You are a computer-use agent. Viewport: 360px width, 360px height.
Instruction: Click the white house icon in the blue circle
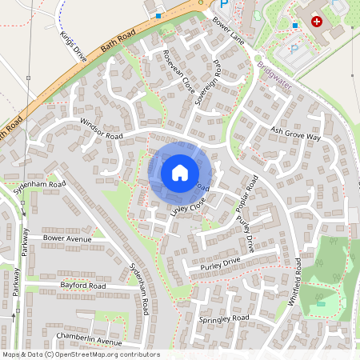point(180,172)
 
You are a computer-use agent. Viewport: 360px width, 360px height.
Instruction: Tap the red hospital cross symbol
point(318,22)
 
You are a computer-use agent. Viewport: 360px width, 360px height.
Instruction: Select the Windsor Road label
point(101,130)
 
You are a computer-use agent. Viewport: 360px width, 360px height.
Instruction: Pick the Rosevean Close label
point(178,73)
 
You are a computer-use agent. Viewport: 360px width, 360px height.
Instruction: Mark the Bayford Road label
point(82,285)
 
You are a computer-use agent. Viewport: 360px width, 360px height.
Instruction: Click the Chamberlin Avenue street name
point(89,335)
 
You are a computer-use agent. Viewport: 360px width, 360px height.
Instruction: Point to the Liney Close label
point(187,209)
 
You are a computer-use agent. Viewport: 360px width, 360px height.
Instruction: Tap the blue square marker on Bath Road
point(158,15)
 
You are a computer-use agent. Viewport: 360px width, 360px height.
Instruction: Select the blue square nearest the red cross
point(296,26)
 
